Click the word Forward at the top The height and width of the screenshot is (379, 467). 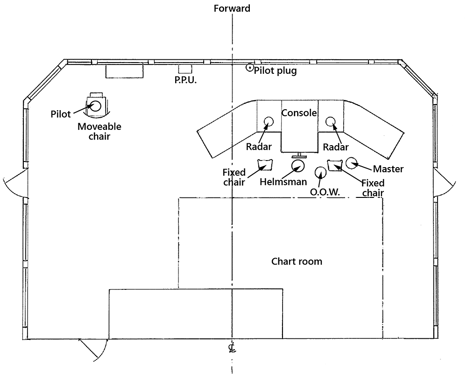tap(232, 8)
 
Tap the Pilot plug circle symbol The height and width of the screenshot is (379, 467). tap(250, 68)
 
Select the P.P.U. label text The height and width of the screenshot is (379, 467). tap(185, 80)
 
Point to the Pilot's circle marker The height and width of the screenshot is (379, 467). tap(96, 105)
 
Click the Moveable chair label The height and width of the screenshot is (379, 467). tap(99, 132)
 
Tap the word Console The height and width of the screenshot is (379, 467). tap(299, 113)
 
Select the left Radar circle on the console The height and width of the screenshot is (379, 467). tap(269, 122)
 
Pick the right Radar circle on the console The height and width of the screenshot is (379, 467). tap(331, 122)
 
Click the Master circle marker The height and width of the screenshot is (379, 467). tap(351, 163)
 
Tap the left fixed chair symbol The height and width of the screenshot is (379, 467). tap(264, 165)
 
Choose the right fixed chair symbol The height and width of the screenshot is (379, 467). tap(335, 165)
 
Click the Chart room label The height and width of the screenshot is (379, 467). tap(297, 261)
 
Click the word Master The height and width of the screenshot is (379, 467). tap(389, 168)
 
